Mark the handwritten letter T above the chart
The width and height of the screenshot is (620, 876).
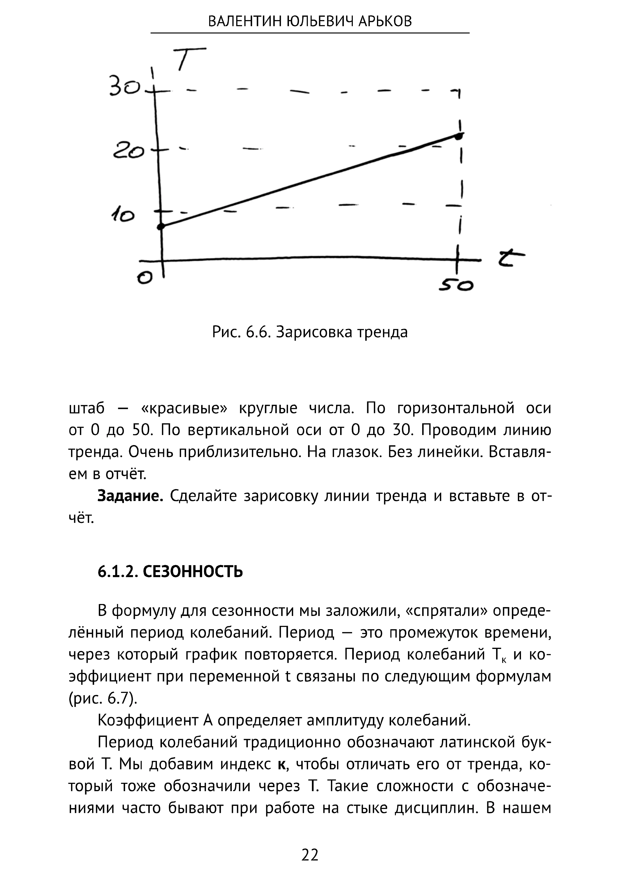point(187,58)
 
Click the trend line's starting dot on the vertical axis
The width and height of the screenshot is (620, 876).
point(161,226)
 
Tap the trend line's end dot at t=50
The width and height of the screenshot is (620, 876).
point(460,136)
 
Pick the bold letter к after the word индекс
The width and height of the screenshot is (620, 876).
point(282,765)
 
